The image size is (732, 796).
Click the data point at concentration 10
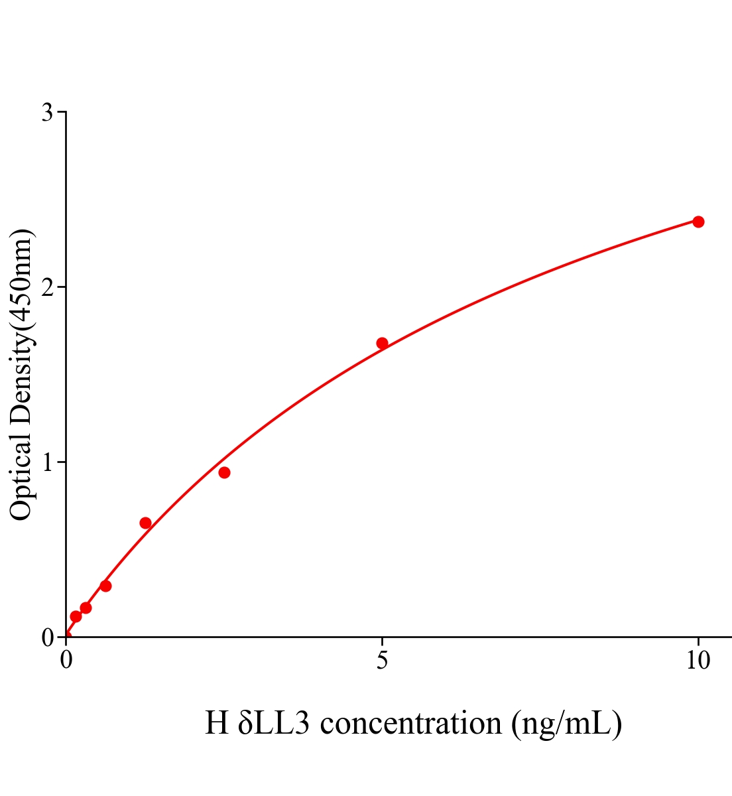698,222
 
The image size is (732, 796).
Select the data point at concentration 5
382,343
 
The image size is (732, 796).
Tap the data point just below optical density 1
224,472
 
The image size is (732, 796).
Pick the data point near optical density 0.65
145,523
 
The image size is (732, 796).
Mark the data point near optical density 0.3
105,586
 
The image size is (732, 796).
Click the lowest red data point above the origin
76,616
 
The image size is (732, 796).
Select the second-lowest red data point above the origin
86,608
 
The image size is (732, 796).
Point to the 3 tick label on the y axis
47,113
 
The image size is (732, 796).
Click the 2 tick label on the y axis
47,287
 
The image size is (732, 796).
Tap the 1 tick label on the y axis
47,462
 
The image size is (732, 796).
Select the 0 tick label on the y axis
47,637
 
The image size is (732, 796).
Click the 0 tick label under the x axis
66,661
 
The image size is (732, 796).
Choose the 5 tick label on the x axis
382,661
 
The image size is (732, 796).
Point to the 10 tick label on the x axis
698,661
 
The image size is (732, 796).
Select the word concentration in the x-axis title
410,723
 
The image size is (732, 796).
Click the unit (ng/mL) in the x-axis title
567,723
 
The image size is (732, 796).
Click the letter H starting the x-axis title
217,723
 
